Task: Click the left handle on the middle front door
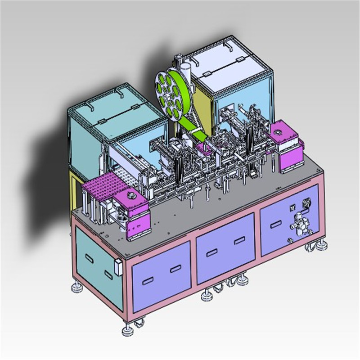pos(211,253)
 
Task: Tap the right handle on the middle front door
pos(238,242)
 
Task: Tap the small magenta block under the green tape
pos(203,148)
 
